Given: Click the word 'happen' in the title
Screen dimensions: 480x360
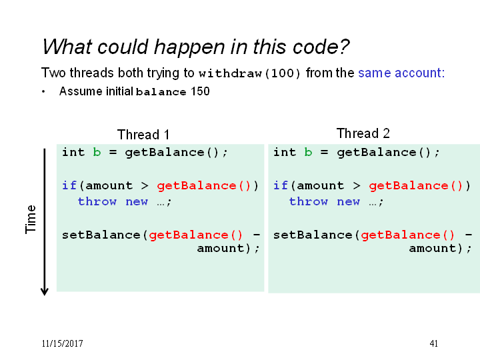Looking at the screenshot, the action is coord(189,47).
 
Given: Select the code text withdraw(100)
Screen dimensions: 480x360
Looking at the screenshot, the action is coord(249,73).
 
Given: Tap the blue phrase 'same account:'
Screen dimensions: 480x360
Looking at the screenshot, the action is coord(401,73).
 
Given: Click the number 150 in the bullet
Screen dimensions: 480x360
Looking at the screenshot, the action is coord(200,91).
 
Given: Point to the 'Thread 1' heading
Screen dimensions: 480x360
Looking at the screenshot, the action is coord(143,135).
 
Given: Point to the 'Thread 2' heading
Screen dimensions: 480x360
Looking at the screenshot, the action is coord(363,133).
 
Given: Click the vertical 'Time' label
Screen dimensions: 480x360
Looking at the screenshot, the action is coord(31,219).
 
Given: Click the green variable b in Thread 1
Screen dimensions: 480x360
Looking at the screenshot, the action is coord(97,152).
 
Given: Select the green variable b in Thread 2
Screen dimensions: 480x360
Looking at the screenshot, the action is coord(308,152).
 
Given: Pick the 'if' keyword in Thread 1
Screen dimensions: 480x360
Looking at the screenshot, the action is coord(69,185).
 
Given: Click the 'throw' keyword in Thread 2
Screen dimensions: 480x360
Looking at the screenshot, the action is coord(308,201).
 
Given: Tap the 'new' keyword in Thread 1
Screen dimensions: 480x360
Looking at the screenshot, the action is coord(137,201).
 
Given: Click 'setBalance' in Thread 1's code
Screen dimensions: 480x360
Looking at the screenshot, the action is coord(101,235).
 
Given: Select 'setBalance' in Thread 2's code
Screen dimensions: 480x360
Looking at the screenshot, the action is coord(313,235).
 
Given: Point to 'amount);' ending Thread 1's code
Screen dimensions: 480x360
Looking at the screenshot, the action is coord(229,248).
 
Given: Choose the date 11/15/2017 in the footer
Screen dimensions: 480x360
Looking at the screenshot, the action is coord(63,343).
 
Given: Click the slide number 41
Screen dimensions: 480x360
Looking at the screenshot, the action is coord(434,343).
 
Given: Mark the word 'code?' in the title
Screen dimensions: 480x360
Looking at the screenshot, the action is coord(321,47).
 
